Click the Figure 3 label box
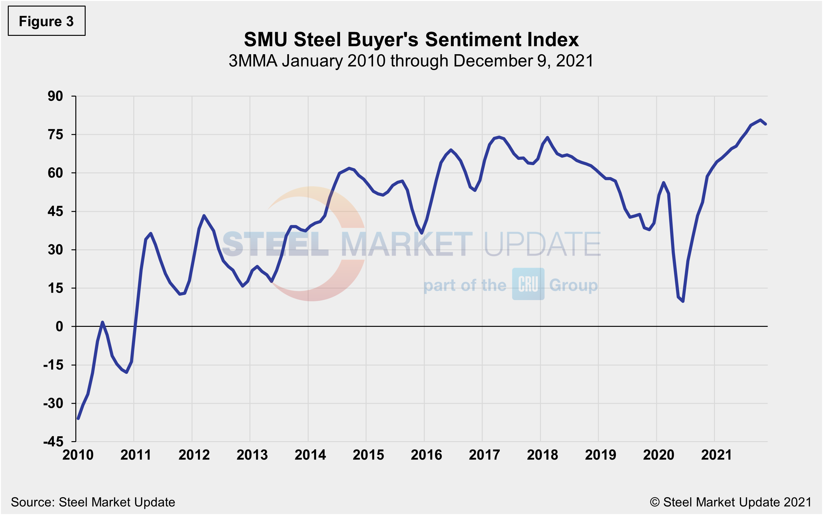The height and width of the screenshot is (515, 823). coord(46,21)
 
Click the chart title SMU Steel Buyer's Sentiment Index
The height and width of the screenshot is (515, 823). coord(411,40)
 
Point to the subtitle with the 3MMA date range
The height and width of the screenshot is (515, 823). coord(411,61)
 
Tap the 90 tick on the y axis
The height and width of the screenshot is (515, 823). coord(55,96)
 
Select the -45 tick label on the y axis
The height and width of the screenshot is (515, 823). coord(53,442)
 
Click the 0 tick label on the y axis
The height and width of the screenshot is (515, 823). coord(59,327)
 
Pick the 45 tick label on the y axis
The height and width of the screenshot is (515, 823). coord(55,212)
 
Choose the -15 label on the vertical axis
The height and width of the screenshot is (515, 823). coord(53,365)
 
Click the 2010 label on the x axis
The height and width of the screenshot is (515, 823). coord(78,455)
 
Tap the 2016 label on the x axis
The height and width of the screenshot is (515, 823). coord(426,455)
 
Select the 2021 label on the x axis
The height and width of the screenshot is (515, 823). coord(717,455)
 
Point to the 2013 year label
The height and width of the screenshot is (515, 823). coord(252,455)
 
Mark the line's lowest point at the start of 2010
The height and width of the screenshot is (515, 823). coord(78,419)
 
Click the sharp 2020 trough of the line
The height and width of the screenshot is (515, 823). coord(683,301)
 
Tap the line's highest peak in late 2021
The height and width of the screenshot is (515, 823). coord(760,120)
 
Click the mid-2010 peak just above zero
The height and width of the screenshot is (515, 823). coord(102,322)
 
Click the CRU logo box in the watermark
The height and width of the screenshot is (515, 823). coord(528,284)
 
